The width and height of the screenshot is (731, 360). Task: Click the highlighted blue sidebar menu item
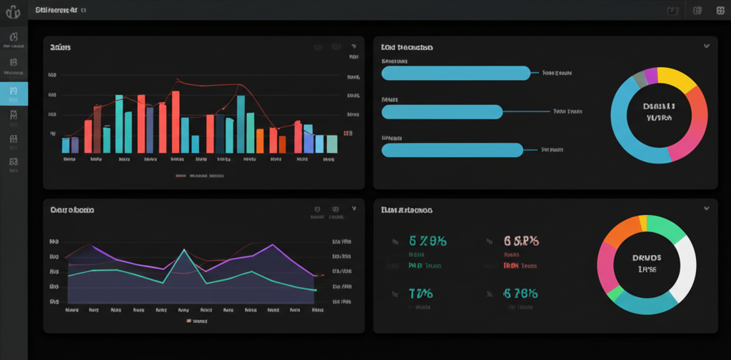tap(14, 94)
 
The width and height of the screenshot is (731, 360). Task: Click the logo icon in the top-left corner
tap(13, 11)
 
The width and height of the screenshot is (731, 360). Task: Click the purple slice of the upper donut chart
tap(650, 74)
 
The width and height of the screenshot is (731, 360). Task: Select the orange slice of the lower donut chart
tap(619, 232)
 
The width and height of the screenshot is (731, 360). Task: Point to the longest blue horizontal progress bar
tap(456, 73)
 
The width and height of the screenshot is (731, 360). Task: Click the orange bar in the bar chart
tap(261, 141)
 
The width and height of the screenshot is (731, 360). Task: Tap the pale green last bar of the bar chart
tap(331, 144)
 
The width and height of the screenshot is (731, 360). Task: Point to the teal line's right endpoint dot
tap(314, 289)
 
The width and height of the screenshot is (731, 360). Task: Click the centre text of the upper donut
tap(659, 111)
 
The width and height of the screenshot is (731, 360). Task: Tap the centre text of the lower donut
tap(647, 264)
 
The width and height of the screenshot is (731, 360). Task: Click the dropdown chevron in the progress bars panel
tap(707, 46)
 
